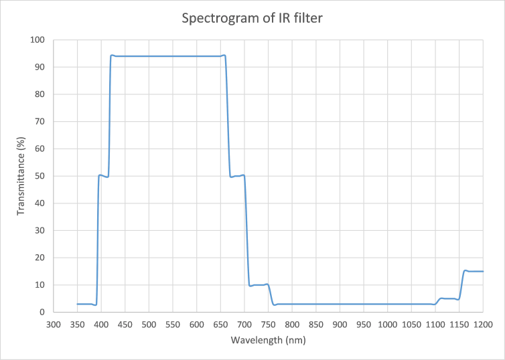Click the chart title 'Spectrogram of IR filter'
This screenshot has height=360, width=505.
tap(252, 18)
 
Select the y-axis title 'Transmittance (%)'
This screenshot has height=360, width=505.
tap(21, 176)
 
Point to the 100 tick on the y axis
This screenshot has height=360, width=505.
tap(38, 40)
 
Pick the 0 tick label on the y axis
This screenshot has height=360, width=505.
tap(42, 312)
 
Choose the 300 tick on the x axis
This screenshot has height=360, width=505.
tap(54, 325)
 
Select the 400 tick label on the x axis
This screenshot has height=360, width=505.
tap(101, 325)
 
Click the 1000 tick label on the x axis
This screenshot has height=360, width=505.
tap(387, 325)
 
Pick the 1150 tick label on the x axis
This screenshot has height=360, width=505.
tap(459, 325)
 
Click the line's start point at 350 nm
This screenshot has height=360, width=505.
tap(78, 304)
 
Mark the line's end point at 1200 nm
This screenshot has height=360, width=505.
tap(483, 271)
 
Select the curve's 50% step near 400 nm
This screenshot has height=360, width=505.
tap(104, 176)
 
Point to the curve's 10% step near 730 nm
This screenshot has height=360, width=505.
tap(259, 284)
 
